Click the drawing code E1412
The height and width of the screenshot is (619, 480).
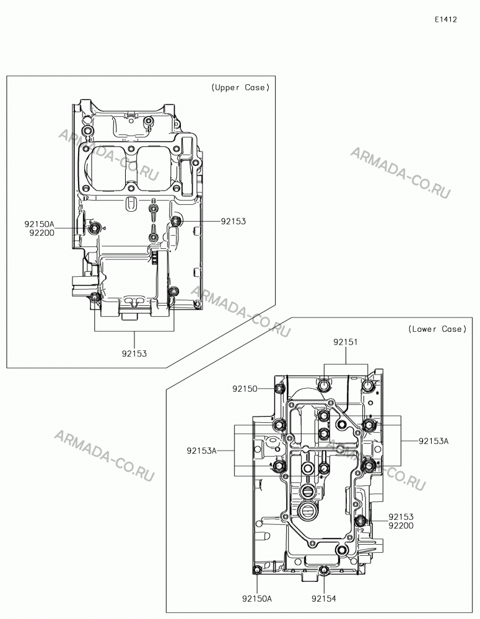click(x=446, y=19)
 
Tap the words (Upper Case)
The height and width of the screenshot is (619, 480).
click(x=240, y=87)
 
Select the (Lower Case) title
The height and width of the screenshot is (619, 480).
click(x=437, y=329)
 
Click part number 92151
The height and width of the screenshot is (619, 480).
click(x=346, y=342)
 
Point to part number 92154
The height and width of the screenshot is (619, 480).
click(x=323, y=599)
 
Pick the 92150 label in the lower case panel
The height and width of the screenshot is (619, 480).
click(x=245, y=389)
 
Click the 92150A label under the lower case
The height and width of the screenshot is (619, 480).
click(x=257, y=599)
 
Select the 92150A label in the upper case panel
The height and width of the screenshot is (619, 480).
click(x=39, y=224)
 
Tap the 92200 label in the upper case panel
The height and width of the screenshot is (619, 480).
click(x=42, y=233)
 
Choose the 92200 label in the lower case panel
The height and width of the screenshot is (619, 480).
click(x=401, y=526)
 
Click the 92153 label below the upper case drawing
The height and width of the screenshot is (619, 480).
click(x=134, y=353)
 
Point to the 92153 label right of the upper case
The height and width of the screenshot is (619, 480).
click(x=233, y=221)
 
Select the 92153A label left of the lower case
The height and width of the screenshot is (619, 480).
click(x=202, y=451)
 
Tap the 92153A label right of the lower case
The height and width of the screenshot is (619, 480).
click(x=434, y=441)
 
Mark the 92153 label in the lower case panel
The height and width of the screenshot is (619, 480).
click(x=401, y=517)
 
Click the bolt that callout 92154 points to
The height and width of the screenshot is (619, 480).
click(x=324, y=570)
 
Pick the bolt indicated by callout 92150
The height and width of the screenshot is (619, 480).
click(x=280, y=389)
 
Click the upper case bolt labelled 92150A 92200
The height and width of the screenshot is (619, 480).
click(x=94, y=228)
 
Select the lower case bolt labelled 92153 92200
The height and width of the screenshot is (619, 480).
click(x=360, y=521)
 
